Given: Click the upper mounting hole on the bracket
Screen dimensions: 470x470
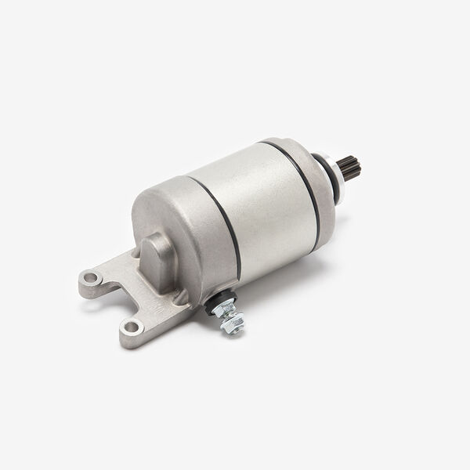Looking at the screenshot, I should point(92,277).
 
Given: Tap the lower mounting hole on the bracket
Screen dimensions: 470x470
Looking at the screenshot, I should point(132,326).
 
